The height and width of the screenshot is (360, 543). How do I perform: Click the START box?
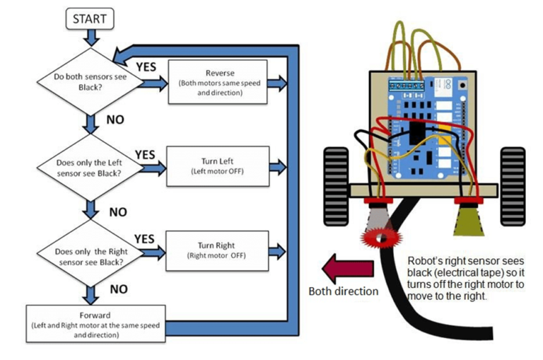pyautogui.click(x=90, y=19)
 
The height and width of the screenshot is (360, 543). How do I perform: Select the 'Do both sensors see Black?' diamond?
pyautogui.click(x=90, y=77)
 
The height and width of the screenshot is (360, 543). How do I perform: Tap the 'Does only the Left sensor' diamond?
pyautogui.click(x=90, y=167)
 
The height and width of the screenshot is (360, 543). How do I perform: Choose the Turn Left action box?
pyautogui.click(x=218, y=166)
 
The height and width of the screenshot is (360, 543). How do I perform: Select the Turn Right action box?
pyautogui.click(x=218, y=248)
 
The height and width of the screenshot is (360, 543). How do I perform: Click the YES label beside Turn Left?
pyautogui.click(x=144, y=154)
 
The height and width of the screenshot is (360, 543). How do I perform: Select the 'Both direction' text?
pyautogui.click(x=342, y=291)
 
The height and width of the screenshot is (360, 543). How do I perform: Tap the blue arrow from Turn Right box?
pyautogui.click(x=278, y=250)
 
